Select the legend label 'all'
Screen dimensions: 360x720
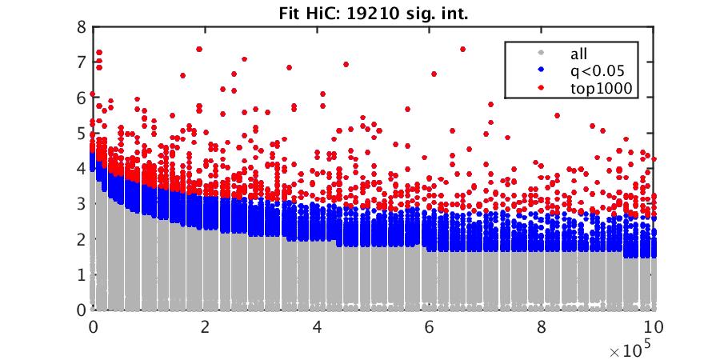point(578,54)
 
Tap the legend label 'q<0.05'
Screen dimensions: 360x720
point(594,72)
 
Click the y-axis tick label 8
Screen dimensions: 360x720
point(81,26)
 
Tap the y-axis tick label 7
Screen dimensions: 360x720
point(81,62)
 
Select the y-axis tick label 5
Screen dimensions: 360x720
point(81,133)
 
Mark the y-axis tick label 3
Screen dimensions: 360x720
point(81,204)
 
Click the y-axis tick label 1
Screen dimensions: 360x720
point(81,274)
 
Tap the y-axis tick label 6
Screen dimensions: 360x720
point(81,98)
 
